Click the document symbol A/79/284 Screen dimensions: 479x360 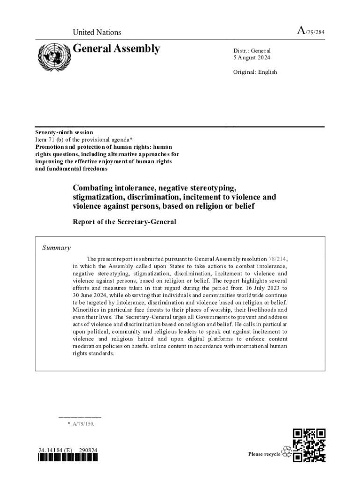[310, 31]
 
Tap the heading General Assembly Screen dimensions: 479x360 [116, 49]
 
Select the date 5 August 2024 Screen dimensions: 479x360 [252, 58]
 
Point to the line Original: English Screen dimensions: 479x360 [255, 72]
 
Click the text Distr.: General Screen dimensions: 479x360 [252, 51]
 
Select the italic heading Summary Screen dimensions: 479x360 [56, 248]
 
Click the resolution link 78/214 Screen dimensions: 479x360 [278, 259]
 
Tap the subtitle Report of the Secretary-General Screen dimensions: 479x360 [124, 222]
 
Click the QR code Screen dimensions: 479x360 [309, 445]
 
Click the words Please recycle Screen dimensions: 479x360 [264, 454]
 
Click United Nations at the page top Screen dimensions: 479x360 [97, 32]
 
